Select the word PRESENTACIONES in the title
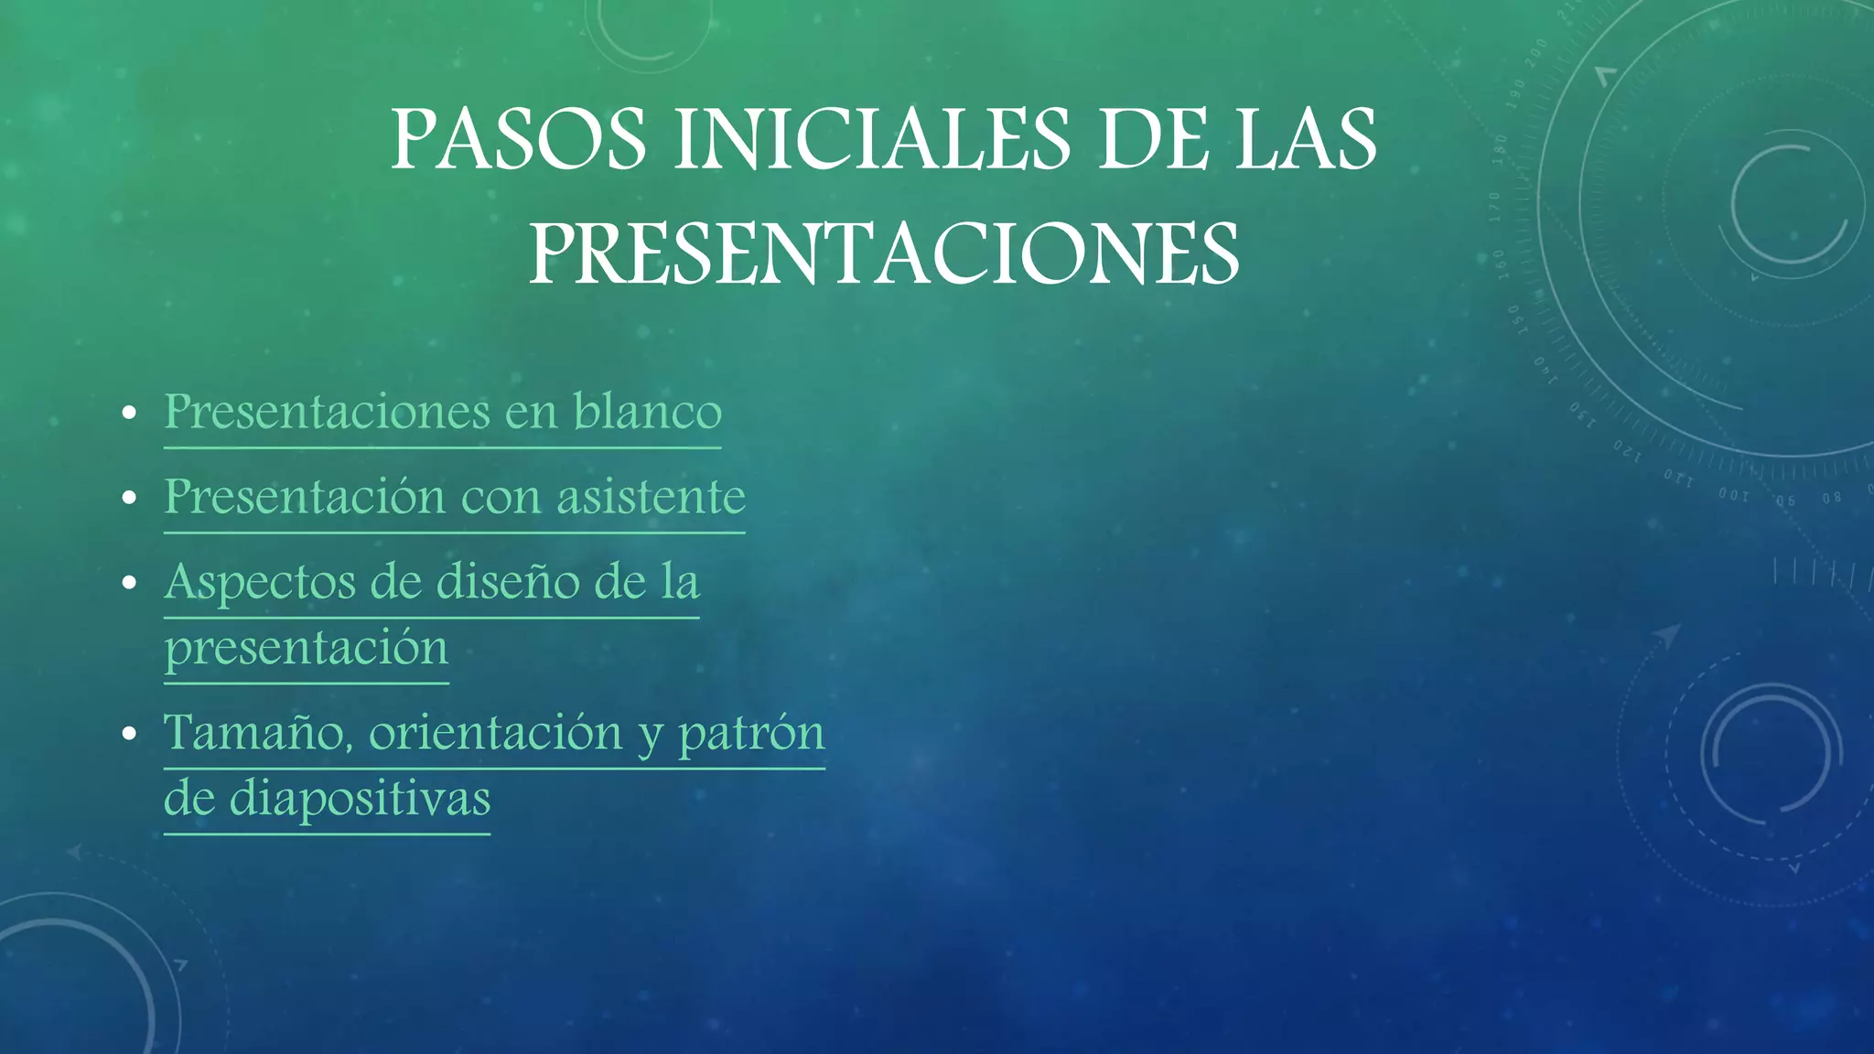pos(884,254)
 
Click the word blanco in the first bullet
pos(647,412)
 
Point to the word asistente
pos(651,497)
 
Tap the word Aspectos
pos(259,583)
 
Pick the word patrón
pos(751,734)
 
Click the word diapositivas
pos(360,799)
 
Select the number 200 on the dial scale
pos(1536,53)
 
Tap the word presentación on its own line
pos(307,649)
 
